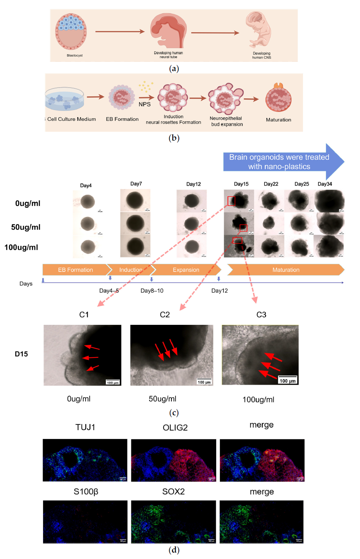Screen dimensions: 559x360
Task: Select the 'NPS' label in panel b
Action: click(145, 104)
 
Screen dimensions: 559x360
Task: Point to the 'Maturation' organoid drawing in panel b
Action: click(278, 99)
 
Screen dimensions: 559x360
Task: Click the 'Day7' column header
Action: click(136, 184)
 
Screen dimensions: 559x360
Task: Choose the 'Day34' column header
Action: click(325, 184)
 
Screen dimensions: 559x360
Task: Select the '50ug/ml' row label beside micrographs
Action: click(26, 227)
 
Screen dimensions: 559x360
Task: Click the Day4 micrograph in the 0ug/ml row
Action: click(88, 201)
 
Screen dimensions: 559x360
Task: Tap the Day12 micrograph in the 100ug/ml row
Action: click(192, 246)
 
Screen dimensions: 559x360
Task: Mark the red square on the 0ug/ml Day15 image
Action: click(231, 201)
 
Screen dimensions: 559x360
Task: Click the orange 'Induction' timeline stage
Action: click(131, 270)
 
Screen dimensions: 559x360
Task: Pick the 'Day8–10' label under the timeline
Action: click(152, 291)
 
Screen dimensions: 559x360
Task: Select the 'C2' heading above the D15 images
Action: click(165, 314)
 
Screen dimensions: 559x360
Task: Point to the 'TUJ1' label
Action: click(85, 427)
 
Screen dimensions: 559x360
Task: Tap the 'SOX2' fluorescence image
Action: click(173, 521)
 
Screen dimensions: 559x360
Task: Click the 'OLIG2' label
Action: click(175, 428)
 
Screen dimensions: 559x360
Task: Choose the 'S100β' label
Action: click(86, 492)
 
